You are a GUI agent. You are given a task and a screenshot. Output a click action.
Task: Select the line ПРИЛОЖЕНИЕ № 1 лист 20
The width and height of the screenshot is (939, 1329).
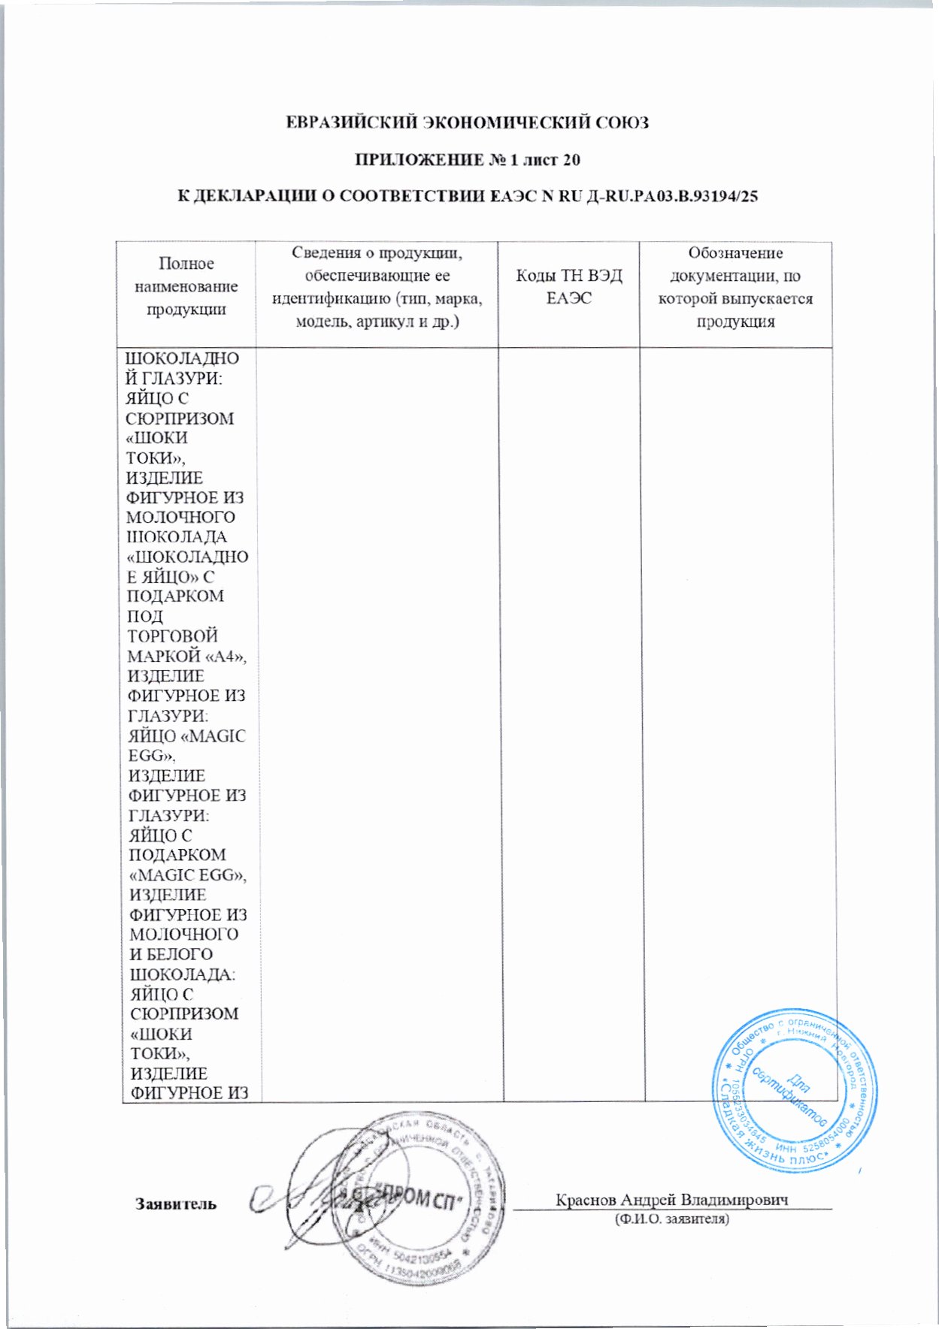click(467, 160)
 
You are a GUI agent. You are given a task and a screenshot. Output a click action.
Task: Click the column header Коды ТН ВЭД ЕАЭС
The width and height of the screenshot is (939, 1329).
click(568, 287)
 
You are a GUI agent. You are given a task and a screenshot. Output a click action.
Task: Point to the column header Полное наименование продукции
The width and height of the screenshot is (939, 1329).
click(186, 286)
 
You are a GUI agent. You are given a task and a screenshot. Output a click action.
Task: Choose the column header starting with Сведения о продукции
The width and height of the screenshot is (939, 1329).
click(377, 287)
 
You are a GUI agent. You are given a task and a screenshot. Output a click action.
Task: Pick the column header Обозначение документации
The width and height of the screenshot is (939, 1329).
click(735, 287)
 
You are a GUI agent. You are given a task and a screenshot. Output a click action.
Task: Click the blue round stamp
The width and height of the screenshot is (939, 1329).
click(795, 1091)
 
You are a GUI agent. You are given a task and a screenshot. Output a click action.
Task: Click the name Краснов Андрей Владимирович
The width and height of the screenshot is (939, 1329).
click(671, 1199)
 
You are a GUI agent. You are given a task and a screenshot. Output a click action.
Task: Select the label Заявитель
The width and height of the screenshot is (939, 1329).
click(176, 1204)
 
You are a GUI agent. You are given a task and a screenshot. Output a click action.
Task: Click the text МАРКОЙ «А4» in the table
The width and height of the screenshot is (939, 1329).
click(187, 656)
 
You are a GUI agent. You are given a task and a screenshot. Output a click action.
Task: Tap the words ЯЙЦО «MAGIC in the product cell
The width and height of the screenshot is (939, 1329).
click(187, 735)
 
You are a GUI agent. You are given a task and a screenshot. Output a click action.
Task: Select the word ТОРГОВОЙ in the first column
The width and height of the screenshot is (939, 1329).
click(173, 636)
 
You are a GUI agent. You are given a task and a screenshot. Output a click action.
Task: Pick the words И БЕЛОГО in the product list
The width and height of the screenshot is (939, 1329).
click(171, 954)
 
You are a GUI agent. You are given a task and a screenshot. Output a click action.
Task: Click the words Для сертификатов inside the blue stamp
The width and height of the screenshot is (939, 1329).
click(792, 1089)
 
